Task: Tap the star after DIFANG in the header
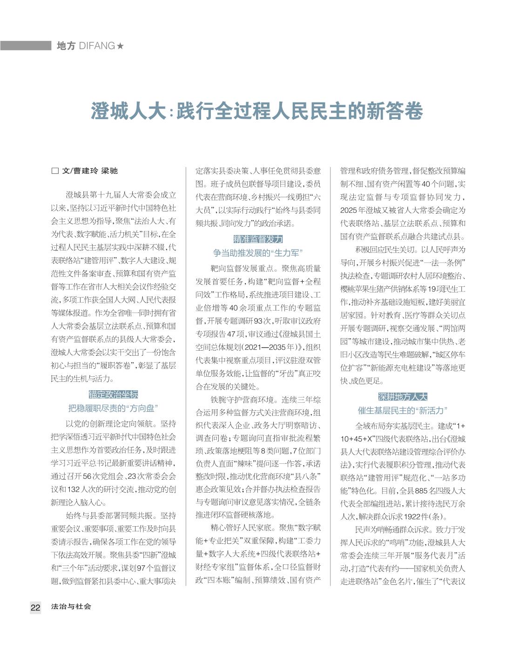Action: click(120, 46)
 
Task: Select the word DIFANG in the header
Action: click(97, 46)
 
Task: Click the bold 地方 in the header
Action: click(66, 46)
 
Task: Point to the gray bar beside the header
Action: click(26, 46)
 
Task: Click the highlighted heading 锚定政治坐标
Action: click(114, 395)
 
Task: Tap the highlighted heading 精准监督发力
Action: click(258, 239)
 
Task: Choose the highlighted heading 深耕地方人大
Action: click(403, 397)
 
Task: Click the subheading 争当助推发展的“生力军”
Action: click(258, 253)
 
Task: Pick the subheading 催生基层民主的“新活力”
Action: click(403, 411)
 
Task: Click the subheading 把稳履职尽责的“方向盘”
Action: click(114, 408)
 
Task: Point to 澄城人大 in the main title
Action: click(128, 112)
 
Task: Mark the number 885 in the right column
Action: click(421, 491)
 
